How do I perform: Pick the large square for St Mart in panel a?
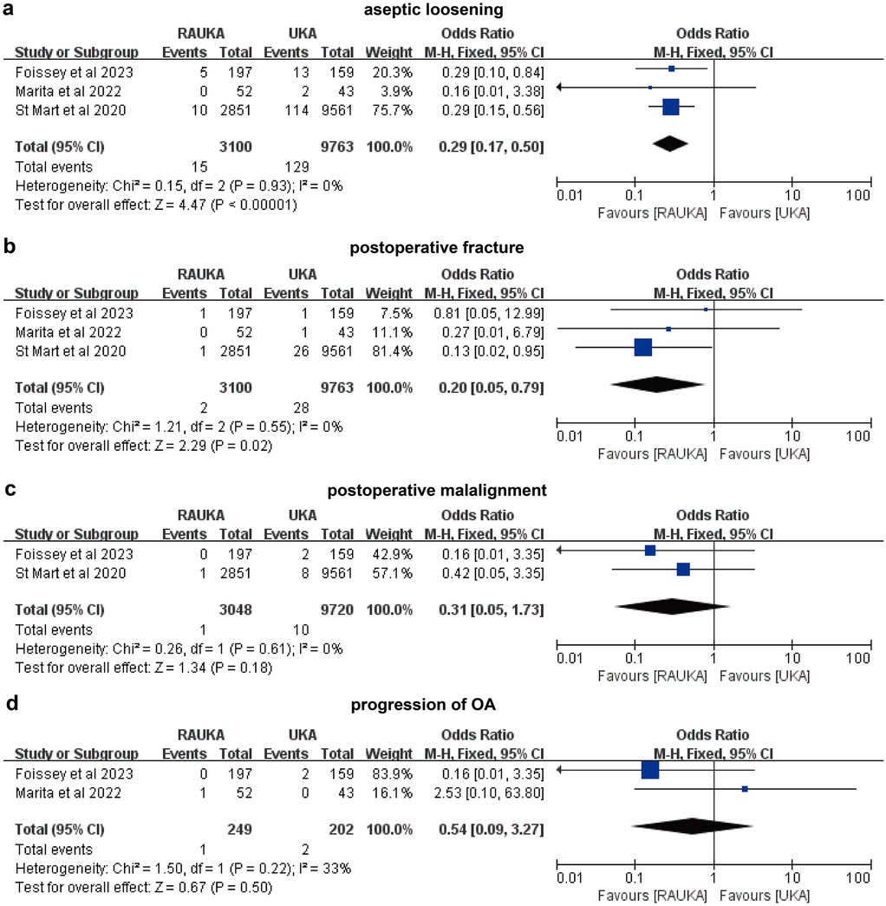point(670,108)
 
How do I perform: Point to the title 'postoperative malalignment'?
point(437,491)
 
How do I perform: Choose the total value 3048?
point(235,611)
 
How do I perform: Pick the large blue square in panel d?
point(650,770)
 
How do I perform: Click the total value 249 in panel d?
point(238,831)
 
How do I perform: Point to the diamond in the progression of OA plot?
point(691,830)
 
